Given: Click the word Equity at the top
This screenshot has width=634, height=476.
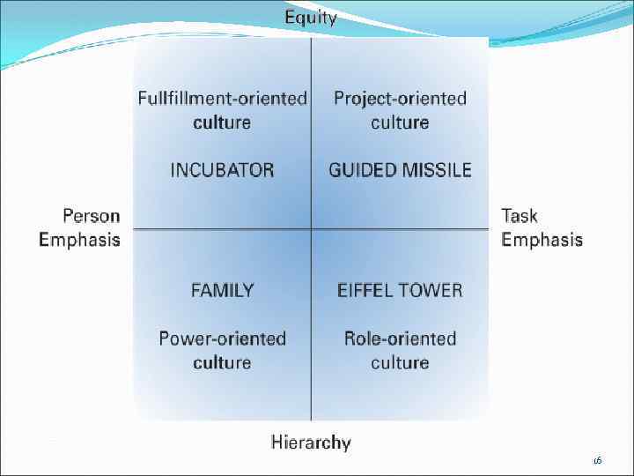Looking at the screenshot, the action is (x=310, y=18).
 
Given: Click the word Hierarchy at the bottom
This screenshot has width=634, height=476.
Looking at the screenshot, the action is (x=311, y=443).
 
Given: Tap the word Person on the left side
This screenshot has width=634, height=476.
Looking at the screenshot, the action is (x=92, y=216).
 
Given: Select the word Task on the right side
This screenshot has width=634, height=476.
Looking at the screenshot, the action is (x=520, y=216).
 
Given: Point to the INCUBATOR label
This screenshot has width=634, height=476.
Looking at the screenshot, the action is (x=222, y=170).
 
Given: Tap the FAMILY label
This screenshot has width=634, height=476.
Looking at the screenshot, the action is (x=223, y=290).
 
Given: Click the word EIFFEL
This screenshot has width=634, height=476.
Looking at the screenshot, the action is (x=369, y=290).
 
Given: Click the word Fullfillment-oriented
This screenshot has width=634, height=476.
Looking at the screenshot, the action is (x=223, y=98).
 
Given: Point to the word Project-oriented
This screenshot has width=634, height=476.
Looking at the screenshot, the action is (x=400, y=98).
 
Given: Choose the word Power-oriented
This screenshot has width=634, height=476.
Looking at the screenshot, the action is (x=223, y=338).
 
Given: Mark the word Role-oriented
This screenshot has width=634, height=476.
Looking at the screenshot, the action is (x=400, y=338).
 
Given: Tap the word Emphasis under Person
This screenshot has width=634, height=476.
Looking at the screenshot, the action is (x=79, y=240).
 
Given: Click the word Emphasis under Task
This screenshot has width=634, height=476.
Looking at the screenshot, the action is (x=542, y=240).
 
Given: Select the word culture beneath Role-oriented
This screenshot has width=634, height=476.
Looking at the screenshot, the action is (x=400, y=362).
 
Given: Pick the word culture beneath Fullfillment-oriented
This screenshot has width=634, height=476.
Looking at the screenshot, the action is (x=223, y=122).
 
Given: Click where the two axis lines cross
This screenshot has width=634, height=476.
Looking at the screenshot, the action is (x=312, y=229).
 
